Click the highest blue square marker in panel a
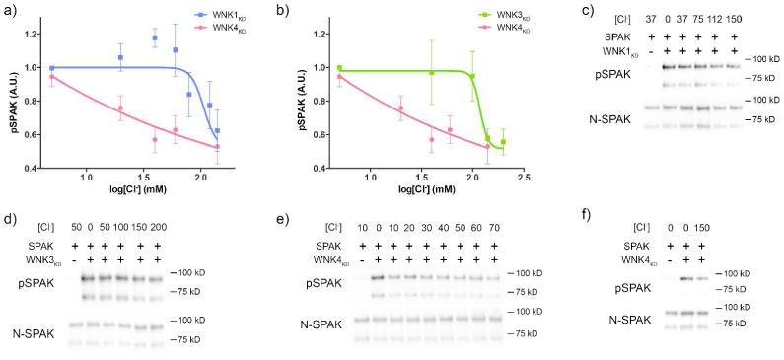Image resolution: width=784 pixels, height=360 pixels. pyautogui.click(x=155, y=38)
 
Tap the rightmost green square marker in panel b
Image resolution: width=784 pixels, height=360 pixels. pyautogui.click(x=502, y=142)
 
